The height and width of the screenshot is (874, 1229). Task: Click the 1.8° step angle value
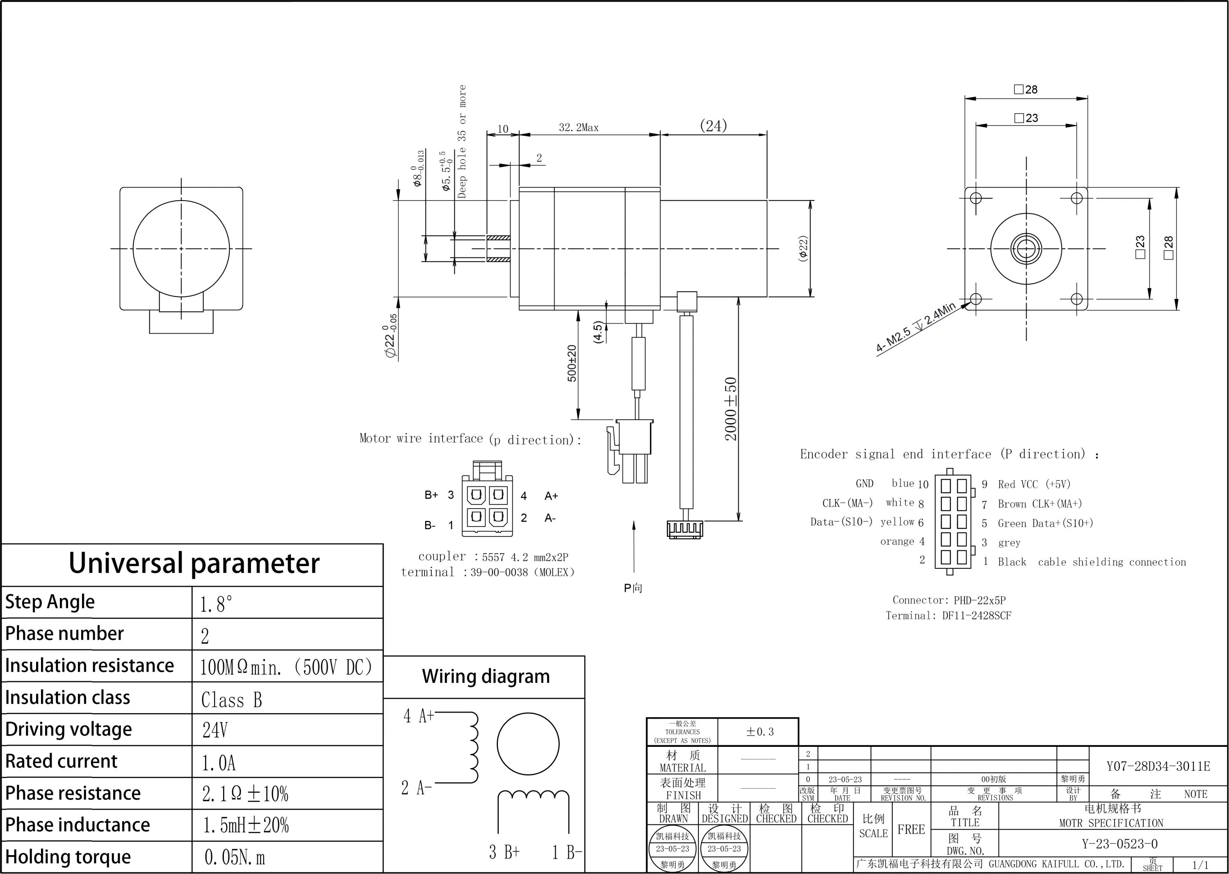click(216, 604)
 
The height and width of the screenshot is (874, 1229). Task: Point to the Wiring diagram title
click(486, 676)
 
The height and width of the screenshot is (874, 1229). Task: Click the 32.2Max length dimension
click(579, 128)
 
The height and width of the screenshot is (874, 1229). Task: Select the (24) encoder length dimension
click(713, 126)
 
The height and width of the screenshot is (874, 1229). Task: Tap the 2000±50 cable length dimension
click(730, 409)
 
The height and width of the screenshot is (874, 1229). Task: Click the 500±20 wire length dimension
click(572, 363)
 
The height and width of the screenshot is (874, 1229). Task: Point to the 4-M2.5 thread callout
click(915, 327)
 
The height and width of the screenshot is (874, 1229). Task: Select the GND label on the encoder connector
click(864, 483)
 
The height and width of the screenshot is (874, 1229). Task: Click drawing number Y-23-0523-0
click(1119, 843)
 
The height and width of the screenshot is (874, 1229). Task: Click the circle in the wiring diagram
click(528, 744)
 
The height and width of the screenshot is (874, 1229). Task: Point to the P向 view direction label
click(633, 588)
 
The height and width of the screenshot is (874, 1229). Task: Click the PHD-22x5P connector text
click(979, 600)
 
